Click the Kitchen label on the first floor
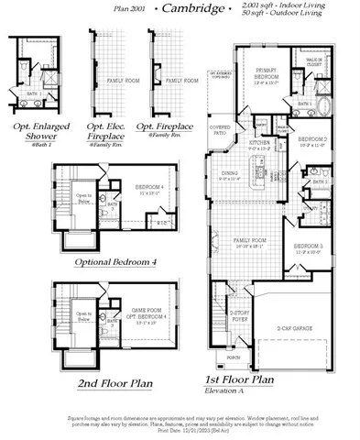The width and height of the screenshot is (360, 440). (259, 144)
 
